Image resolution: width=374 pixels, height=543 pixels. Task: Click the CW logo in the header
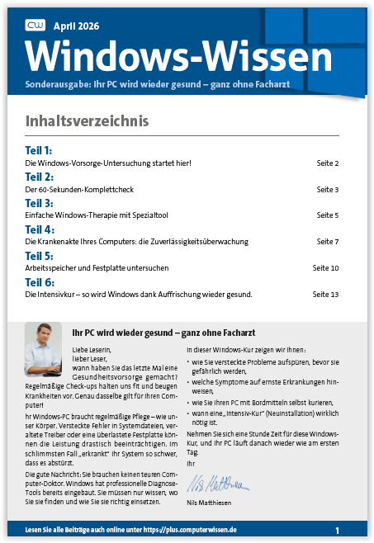click(36, 26)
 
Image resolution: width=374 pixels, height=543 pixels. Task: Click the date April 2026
click(81, 26)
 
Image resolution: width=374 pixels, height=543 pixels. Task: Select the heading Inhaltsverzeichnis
click(88, 121)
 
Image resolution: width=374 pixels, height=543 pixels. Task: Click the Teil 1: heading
click(39, 151)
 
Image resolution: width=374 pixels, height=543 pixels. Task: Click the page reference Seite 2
click(328, 163)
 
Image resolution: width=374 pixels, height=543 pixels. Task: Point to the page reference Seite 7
click(328, 242)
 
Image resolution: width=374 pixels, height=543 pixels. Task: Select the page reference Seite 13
click(325, 294)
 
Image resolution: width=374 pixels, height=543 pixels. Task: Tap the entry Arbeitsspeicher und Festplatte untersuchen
click(97, 268)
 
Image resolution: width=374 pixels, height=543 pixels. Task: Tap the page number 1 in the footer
click(337, 529)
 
